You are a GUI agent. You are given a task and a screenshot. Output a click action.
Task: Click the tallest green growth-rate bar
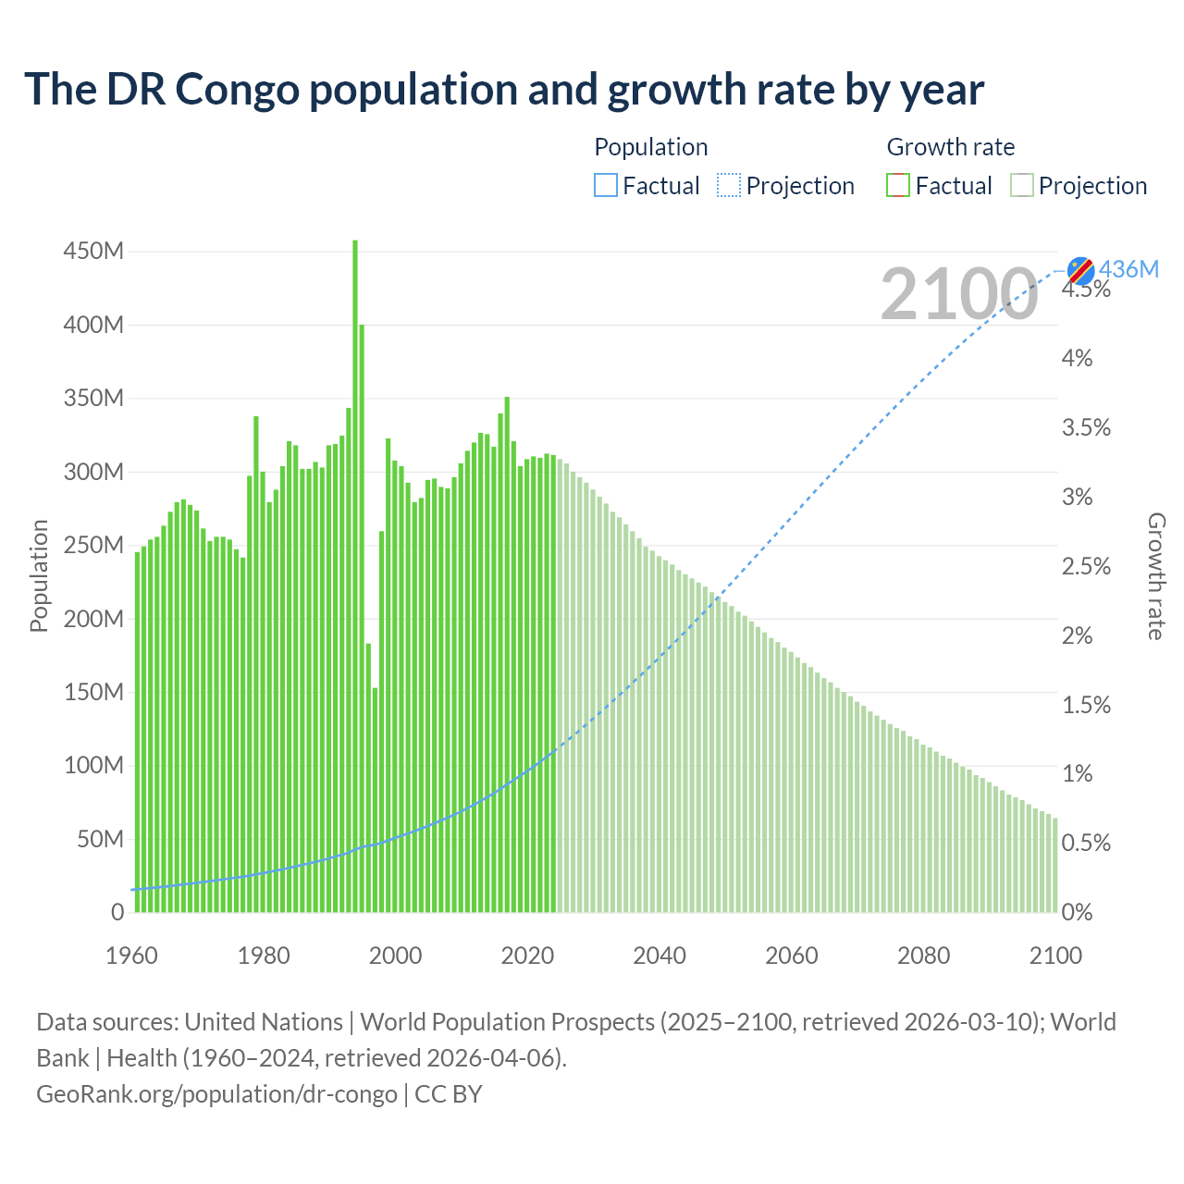pyautogui.click(x=355, y=573)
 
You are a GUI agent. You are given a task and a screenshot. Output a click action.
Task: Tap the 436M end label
pyautogui.click(x=1128, y=269)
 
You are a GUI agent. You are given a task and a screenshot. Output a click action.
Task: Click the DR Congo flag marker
pyautogui.click(x=1080, y=271)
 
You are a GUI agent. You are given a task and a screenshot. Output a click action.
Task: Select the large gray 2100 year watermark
pyautogui.click(x=959, y=294)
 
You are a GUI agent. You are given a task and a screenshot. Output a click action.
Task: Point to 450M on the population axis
pyautogui.click(x=93, y=251)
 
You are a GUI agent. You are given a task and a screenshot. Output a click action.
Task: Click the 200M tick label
pyautogui.click(x=93, y=618)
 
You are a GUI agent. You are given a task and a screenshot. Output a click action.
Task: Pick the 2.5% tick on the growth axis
pyautogui.click(x=1086, y=566)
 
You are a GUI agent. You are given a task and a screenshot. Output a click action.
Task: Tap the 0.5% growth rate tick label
pyautogui.click(x=1086, y=843)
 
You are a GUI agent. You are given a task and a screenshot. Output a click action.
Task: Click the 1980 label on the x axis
pyautogui.click(x=264, y=956)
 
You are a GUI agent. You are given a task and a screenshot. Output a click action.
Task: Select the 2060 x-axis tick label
pyautogui.click(x=791, y=956)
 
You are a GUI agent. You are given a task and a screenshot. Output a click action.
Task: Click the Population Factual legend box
pyautogui.click(x=605, y=186)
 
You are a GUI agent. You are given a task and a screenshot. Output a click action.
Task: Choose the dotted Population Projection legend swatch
pyautogui.click(x=729, y=186)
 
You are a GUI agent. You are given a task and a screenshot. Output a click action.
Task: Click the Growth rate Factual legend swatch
pyautogui.click(x=898, y=186)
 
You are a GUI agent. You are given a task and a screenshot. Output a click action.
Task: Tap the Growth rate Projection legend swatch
pyautogui.click(x=1021, y=186)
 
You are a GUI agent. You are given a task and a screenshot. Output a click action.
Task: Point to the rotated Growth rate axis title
pyautogui.click(x=1156, y=576)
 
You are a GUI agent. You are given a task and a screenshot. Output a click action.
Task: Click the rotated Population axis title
pyautogui.click(x=39, y=576)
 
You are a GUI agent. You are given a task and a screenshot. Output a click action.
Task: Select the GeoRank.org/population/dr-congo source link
pyautogui.click(x=216, y=1093)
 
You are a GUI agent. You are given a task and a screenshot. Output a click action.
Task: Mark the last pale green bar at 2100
pyautogui.click(x=1055, y=865)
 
